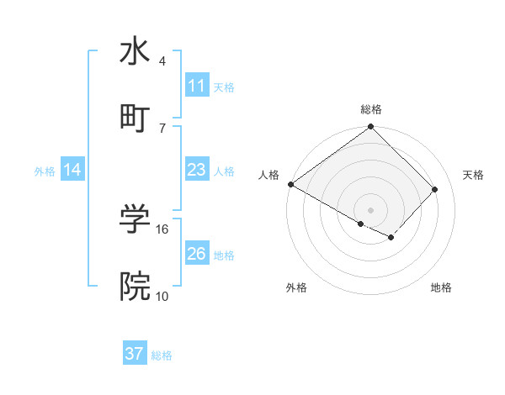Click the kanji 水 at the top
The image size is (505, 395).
click(135, 51)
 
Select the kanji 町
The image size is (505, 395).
click(135, 117)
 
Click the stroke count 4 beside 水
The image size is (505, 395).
click(162, 61)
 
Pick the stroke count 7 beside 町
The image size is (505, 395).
click(162, 128)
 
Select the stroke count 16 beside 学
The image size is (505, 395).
click(163, 229)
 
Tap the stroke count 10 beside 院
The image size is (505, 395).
click(162, 296)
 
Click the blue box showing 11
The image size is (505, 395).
click(196, 86)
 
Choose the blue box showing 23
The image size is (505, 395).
click(196, 171)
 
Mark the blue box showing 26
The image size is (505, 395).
click(196, 254)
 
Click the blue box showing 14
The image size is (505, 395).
click(72, 171)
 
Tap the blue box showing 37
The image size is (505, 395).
click(135, 354)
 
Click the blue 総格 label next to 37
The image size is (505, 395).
click(162, 355)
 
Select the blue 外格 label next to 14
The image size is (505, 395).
click(45, 171)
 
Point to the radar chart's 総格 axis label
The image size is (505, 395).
click(370, 109)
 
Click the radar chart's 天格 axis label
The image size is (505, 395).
click(473, 175)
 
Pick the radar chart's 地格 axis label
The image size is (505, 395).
click(441, 288)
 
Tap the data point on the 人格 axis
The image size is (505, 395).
click(291, 184)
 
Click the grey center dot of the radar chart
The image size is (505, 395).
click(370, 209)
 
